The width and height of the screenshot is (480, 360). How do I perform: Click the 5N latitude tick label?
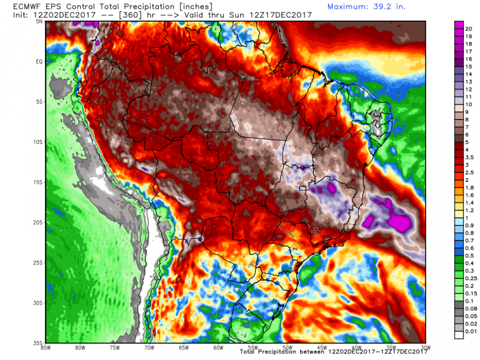tap(38, 21)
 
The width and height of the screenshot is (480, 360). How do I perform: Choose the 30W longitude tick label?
tap(424, 348)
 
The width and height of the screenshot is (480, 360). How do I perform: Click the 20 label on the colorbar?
tap(468, 29)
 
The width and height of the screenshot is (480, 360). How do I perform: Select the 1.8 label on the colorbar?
tap(469, 187)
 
